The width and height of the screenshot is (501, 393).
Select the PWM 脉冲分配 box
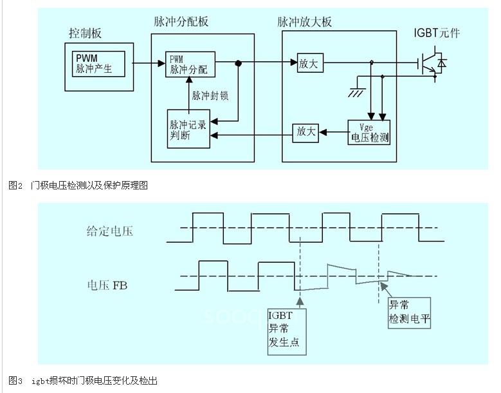[x=190, y=64]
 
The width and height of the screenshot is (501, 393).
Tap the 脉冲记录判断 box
[x=188, y=129]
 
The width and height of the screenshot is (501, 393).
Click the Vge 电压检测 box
[x=369, y=131]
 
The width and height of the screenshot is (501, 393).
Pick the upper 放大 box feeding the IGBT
[x=309, y=63]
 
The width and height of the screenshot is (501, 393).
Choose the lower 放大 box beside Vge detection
[x=305, y=131]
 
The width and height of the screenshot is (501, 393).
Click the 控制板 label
[x=86, y=33]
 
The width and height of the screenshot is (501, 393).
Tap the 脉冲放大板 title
[x=304, y=22]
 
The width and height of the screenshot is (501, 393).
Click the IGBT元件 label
[x=437, y=33]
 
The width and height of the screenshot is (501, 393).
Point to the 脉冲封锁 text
[x=210, y=95]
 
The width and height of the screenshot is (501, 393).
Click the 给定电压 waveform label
[x=109, y=230]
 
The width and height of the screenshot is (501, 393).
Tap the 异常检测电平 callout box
[x=409, y=312]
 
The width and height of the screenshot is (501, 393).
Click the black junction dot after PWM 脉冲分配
[x=238, y=63]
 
